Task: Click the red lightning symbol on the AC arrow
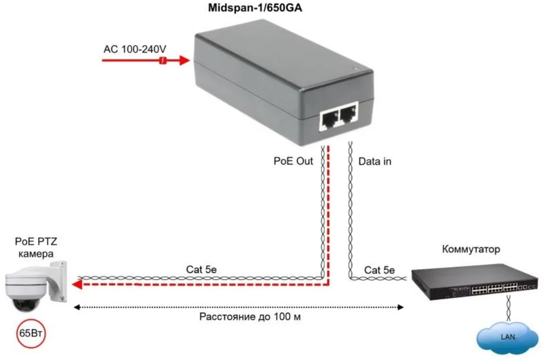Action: pos(164,61)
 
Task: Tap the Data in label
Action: pos(375,161)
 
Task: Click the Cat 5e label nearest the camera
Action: pos(201,269)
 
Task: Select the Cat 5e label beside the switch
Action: pos(379,270)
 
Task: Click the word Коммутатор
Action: pos(471,249)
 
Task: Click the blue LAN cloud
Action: pos(507,337)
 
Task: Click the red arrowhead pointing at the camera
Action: pos(78,285)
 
